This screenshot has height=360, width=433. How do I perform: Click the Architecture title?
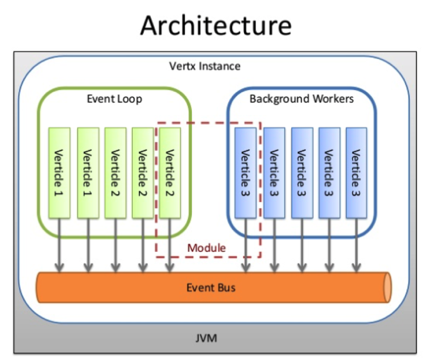coord(216,25)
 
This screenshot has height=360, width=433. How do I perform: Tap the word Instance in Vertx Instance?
coord(222,66)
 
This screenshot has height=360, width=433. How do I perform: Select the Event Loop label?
coord(114,99)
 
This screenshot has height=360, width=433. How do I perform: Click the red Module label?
coord(206,247)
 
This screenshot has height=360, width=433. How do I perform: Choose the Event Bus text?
coord(211,288)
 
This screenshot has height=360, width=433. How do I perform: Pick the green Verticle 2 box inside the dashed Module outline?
coord(169,173)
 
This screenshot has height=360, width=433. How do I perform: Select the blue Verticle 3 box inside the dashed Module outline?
coord(246,173)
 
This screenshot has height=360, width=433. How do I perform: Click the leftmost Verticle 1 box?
coord(60,173)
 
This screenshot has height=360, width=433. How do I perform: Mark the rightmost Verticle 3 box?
coord(356,173)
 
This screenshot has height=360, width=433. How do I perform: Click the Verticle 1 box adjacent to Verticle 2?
coord(88,173)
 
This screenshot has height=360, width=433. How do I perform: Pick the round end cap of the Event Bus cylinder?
coord(387,288)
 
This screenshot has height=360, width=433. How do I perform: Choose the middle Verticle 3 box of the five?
coord(302,173)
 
